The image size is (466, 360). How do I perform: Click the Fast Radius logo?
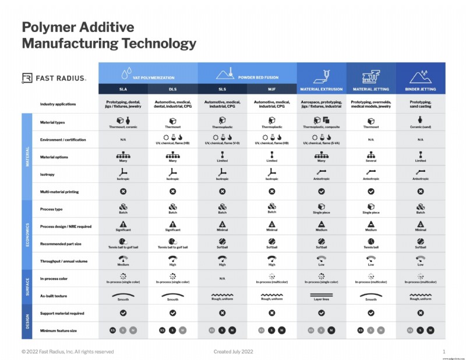tap(54, 77)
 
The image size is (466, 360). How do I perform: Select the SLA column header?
tap(123, 89)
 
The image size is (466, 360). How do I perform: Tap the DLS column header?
tap(172, 89)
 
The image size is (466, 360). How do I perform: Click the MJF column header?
tap(272, 89)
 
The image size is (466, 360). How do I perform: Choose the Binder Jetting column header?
tap(421, 89)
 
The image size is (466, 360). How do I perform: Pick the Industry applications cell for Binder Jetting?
tap(421, 104)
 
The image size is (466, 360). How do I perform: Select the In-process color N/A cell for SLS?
tap(223, 278)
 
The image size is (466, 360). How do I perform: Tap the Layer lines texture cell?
tap(322, 296)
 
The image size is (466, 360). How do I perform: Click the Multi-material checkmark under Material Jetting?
tap(371, 191)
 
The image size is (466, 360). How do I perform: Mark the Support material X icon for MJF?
tap(272, 313)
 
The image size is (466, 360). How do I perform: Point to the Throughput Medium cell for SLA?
tap(123, 261)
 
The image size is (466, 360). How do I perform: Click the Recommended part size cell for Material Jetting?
tap(371, 243)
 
